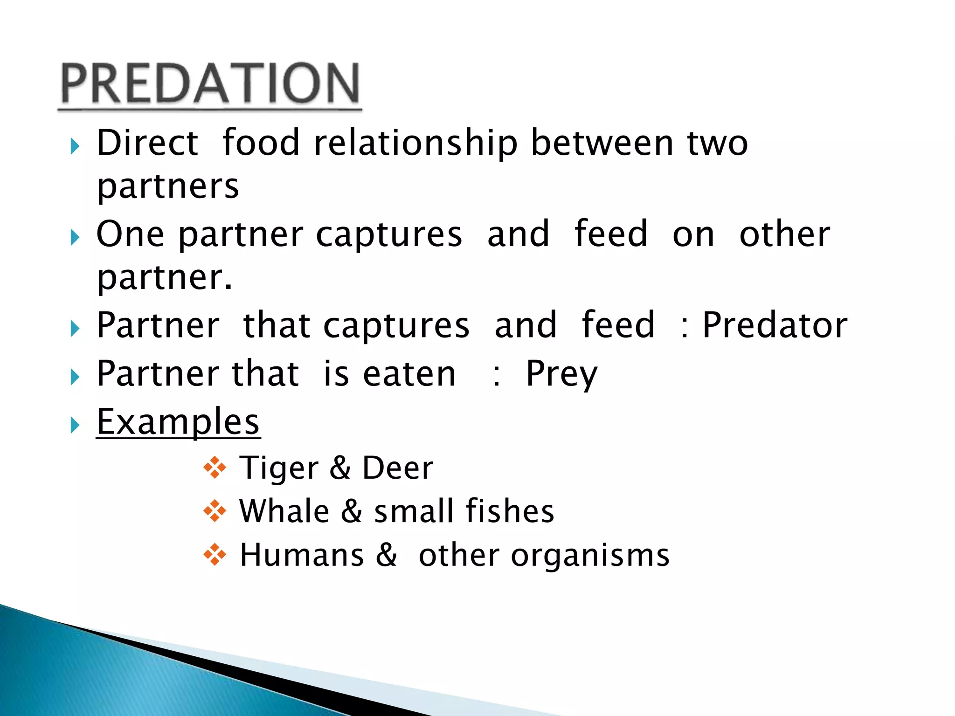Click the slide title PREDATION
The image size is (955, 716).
coord(210,84)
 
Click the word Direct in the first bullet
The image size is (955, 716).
coord(147,143)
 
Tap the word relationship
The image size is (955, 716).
coord(415,143)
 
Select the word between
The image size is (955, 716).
coord(602,143)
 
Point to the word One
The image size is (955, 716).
coord(130,234)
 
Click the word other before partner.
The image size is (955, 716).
coord(784,234)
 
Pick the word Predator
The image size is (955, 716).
coord(775,325)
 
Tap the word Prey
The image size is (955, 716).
coord(561,374)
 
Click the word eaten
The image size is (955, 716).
coord(409,374)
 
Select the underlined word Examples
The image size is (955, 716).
coord(178,422)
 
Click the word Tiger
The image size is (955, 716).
coord(279,468)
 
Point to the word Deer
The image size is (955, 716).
coord(398,468)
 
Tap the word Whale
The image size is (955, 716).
coord(284,511)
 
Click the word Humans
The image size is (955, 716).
coord(302,555)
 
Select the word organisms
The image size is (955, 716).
coord(590,556)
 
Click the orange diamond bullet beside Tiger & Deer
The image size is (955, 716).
coord(215,468)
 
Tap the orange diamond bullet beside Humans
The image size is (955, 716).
coord(215,555)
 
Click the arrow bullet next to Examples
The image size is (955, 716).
coord(75,425)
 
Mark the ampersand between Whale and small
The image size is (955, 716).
coord(352,511)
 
